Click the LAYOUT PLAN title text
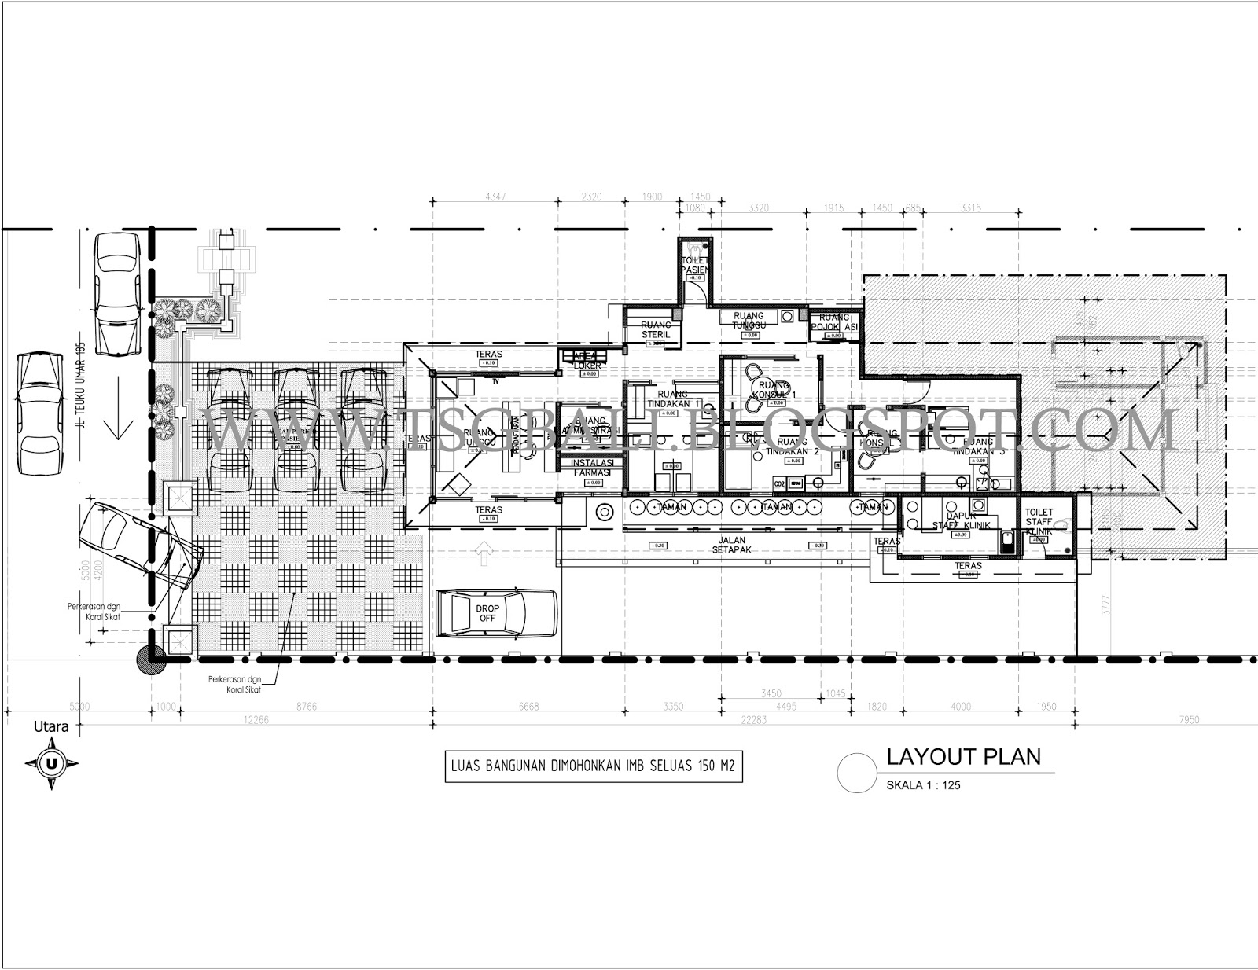point(963,757)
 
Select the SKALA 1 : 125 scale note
point(923,785)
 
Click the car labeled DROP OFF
point(496,614)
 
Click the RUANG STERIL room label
point(656,329)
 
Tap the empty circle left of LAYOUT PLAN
point(856,773)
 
